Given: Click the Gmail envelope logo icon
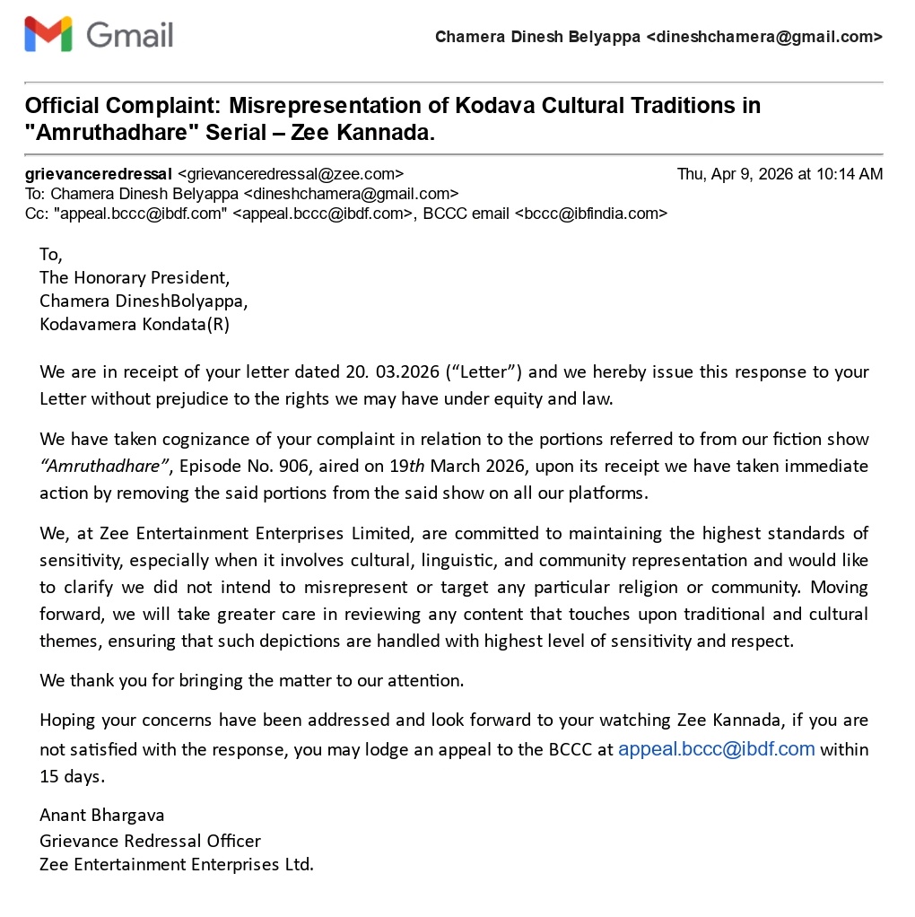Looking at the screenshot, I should pos(48,35).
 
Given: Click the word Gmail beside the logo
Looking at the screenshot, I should pos(129,35).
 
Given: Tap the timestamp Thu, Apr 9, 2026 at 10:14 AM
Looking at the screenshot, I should pos(780,174).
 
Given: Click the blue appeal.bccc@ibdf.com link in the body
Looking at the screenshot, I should pos(716,749).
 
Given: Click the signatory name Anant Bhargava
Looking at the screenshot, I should pos(101,815).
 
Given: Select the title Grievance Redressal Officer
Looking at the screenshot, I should pos(150,841).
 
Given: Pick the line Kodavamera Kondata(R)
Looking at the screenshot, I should pos(135,325).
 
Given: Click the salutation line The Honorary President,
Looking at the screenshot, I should pos(135,277).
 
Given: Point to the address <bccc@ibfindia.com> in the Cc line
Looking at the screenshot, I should pos(590,214).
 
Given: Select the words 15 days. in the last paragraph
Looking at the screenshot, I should pos(72,776).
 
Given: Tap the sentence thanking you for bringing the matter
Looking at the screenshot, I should pos(251,680).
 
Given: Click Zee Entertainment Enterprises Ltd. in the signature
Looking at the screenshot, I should pos(177,865).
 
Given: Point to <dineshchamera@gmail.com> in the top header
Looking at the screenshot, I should pos(763,37).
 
